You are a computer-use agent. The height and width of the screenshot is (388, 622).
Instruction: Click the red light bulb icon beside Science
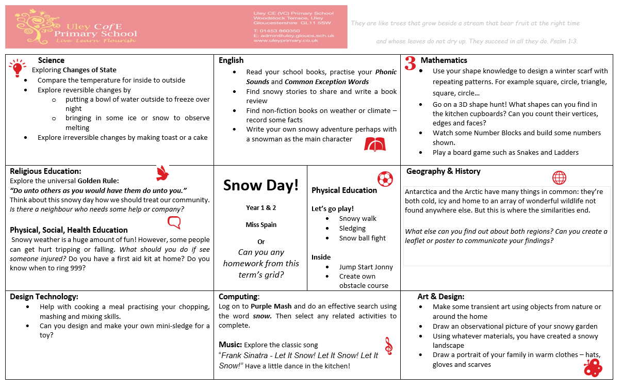[x=17, y=68]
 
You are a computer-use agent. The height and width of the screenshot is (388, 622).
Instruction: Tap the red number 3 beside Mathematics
[x=410, y=63]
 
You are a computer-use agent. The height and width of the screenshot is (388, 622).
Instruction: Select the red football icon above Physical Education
[x=385, y=179]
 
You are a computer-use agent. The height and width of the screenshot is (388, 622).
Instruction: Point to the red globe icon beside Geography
[x=559, y=177]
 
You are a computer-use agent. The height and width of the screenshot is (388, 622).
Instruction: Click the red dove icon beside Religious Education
[x=163, y=173]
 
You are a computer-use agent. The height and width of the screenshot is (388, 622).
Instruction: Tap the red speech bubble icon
[x=174, y=222]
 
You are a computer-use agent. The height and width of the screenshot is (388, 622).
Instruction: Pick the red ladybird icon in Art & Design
[x=593, y=368]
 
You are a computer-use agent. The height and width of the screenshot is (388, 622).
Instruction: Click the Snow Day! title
[x=261, y=186]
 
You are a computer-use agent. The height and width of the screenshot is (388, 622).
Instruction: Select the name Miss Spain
[x=261, y=225]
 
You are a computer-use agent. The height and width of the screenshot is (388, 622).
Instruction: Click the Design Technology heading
[x=44, y=297]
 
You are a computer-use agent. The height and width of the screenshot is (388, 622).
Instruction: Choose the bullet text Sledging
[x=352, y=229]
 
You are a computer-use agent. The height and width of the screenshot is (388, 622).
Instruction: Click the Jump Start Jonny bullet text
[x=366, y=267]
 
